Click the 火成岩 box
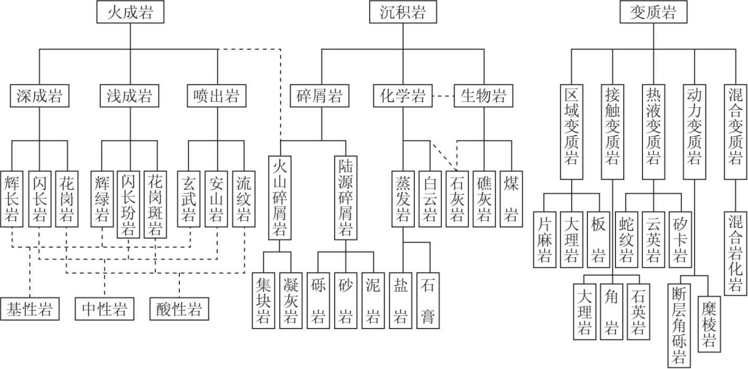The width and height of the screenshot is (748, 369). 130,12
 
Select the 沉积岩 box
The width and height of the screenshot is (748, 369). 402,12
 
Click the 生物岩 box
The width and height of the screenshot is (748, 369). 483,96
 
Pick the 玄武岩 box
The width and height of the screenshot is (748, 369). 189,199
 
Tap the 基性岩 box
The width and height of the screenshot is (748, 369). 30,309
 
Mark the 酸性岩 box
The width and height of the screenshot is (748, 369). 179,309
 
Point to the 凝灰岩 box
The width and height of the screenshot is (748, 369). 291,300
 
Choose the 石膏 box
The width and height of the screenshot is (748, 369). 428,300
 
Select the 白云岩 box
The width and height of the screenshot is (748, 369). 430,199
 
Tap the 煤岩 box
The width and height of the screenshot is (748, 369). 510,199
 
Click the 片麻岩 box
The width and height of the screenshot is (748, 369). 544,239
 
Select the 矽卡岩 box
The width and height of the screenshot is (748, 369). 680,239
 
